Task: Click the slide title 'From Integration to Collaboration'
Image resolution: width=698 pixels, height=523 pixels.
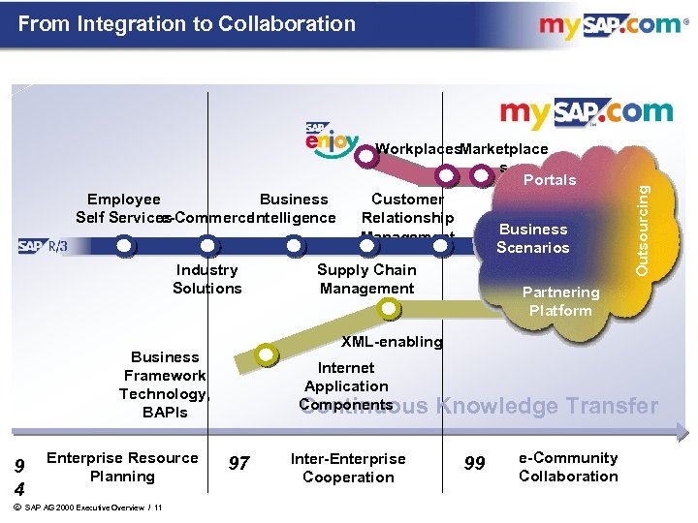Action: [x=187, y=23]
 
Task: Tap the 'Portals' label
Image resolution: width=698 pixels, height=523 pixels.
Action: [x=550, y=179]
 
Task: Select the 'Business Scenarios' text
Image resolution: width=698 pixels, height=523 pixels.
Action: [x=533, y=237]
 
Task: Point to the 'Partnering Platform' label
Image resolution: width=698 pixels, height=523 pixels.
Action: [x=560, y=301]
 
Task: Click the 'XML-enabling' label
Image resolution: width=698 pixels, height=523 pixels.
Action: [x=391, y=341]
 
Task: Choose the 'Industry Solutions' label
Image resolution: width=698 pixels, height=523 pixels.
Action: [x=207, y=279]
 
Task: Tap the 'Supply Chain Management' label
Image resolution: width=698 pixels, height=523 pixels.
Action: [x=367, y=279]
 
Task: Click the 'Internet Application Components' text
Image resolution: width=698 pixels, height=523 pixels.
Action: [x=346, y=385]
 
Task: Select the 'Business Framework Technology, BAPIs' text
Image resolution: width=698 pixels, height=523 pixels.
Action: [x=165, y=385]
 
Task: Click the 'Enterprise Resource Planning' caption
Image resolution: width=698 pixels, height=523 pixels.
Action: [x=122, y=467]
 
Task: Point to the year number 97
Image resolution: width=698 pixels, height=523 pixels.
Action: [x=238, y=464]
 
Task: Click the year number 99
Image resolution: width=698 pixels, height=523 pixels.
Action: [x=475, y=464]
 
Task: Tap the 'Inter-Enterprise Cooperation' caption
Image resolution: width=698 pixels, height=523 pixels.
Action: [x=348, y=467]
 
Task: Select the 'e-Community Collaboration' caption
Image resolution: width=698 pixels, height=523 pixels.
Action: [x=568, y=467]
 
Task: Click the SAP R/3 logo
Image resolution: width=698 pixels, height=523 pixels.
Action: [x=43, y=247]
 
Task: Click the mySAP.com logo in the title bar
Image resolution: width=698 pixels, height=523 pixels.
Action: [x=610, y=25]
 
